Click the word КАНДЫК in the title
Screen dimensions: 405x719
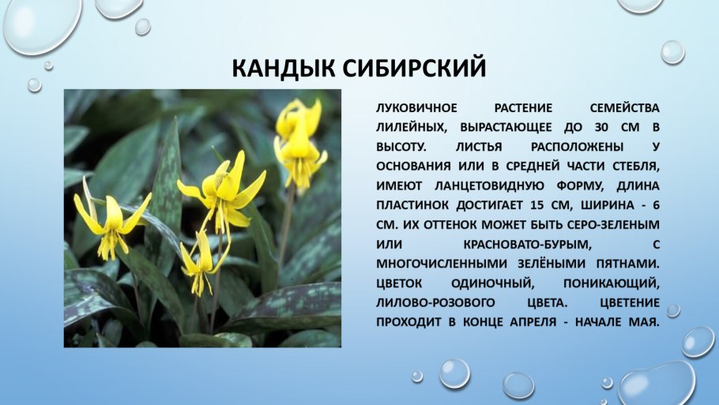[x=284, y=69]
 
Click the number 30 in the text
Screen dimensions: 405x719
[x=600, y=128]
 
